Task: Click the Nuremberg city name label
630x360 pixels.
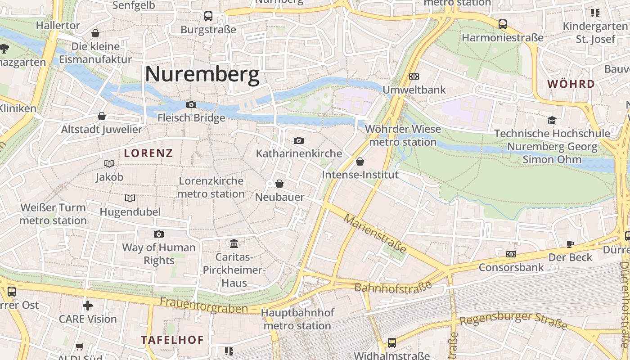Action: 202,74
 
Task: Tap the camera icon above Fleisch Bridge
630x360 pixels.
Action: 191,104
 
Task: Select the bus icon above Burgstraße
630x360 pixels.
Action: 208,16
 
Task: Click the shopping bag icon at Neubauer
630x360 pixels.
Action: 279,184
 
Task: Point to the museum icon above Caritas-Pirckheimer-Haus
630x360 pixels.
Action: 234,244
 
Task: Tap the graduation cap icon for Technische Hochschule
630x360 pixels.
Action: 552,120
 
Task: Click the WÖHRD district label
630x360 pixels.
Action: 571,84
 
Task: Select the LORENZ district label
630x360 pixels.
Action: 148,153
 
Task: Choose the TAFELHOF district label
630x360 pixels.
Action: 172,340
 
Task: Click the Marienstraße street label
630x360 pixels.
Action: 375,234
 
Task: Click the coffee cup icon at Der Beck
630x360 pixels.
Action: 570,244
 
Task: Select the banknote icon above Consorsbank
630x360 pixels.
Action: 511,254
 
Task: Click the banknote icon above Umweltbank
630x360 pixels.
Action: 414,76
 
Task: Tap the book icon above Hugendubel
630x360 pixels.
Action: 130,198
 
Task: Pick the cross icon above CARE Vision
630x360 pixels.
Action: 88,306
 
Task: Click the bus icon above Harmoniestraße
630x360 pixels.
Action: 503,24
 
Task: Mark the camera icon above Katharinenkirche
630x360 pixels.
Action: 299,141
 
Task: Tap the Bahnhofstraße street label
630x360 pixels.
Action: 393,287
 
